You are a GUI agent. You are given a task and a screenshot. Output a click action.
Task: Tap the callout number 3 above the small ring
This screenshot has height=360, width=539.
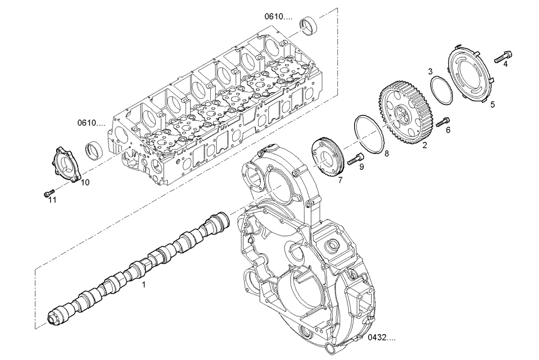click(430, 71)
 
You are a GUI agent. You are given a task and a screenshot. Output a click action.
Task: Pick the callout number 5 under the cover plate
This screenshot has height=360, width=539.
click(492, 105)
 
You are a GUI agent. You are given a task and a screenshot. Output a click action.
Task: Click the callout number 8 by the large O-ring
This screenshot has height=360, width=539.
click(386, 154)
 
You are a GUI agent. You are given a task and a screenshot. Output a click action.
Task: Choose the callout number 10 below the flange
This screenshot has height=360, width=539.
click(85, 183)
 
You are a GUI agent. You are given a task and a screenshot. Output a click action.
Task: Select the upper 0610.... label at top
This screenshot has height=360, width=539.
click(278, 17)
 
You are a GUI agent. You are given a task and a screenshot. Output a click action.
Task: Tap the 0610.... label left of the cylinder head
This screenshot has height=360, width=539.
click(91, 123)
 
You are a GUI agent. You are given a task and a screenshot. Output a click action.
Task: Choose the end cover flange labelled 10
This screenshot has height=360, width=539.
click(66, 164)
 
